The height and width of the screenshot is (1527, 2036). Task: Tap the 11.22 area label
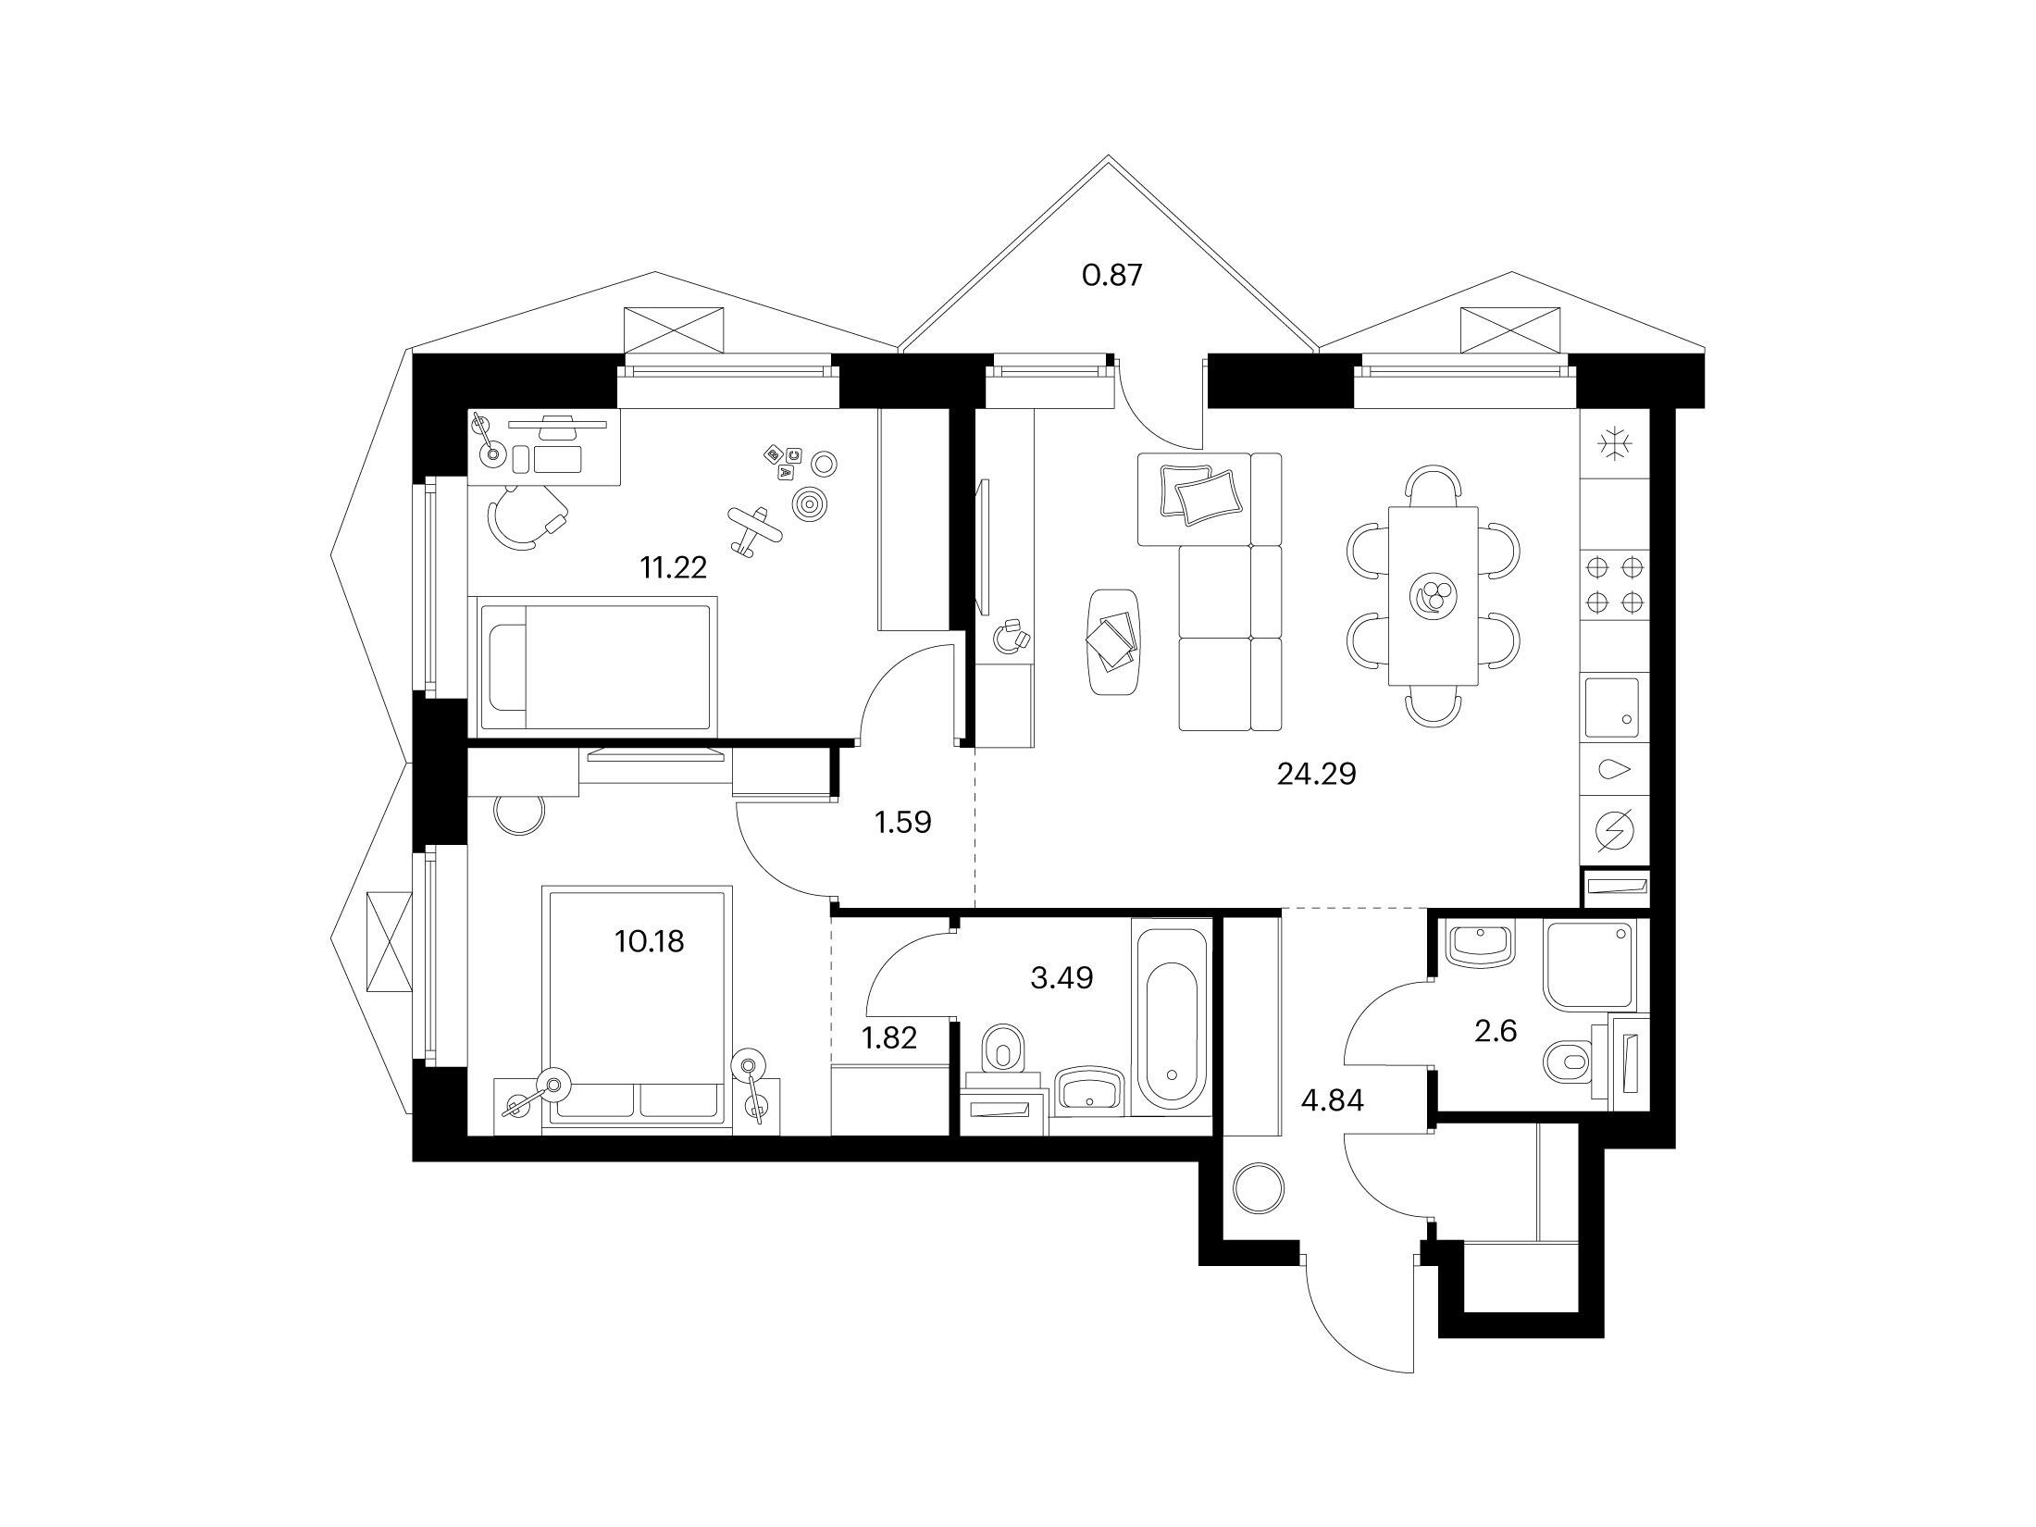pos(673,567)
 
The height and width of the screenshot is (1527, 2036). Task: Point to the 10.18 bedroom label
pos(649,942)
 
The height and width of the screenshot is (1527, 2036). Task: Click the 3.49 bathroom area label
pos(1061,977)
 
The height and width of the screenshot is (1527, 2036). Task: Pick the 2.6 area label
pos(1496,1031)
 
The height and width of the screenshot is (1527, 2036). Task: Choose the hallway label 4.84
pos(1332,1101)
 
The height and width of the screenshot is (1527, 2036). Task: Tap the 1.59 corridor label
pos(902,823)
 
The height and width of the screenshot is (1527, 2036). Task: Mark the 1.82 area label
pos(889,1038)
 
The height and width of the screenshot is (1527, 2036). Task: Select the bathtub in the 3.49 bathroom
pos(1172,1025)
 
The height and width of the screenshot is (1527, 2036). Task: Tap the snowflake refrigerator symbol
pos(1615,445)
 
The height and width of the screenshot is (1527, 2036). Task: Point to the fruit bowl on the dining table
pos(1433,595)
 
